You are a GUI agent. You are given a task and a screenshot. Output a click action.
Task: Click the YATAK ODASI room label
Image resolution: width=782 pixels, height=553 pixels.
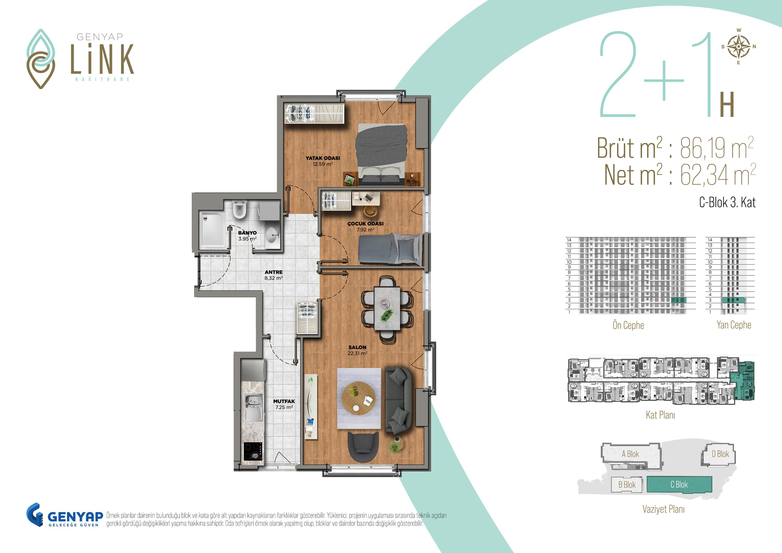pyautogui.click(x=322, y=158)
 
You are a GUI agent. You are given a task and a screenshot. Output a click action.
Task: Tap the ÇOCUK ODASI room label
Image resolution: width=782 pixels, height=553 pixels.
pyautogui.click(x=365, y=223)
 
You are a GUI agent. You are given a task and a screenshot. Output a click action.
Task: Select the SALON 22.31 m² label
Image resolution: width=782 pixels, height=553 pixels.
pyautogui.click(x=357, y=350)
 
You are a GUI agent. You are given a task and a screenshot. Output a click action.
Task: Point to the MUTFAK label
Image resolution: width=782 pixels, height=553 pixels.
pyautogui.click(x=284, y=401)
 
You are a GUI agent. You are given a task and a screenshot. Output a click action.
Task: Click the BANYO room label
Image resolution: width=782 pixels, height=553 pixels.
pyautogui.click(x=247, y=233)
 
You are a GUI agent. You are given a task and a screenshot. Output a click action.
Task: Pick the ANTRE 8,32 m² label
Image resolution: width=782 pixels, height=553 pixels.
pyautogui.click(x=273, y=275)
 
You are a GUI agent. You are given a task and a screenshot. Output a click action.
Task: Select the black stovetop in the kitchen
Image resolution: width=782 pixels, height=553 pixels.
pyautogui.click(x=253, y=452)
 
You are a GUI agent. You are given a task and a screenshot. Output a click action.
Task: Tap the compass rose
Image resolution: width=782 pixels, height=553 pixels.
pyautogui.click(x=738, y=47)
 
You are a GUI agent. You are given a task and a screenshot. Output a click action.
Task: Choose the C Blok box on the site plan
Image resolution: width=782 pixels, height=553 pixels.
pyautogui.click(x=679, y=484)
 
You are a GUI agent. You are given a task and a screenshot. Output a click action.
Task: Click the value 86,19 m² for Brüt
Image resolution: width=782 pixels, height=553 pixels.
pyautogui.click(x=717, y=148)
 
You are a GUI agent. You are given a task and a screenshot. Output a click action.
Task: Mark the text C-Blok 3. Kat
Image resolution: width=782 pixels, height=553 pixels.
pyautogui.click(x=727, y=202)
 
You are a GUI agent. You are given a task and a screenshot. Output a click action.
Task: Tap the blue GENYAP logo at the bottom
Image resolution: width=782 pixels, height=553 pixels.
pyautogui.click(x=65, y=515)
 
